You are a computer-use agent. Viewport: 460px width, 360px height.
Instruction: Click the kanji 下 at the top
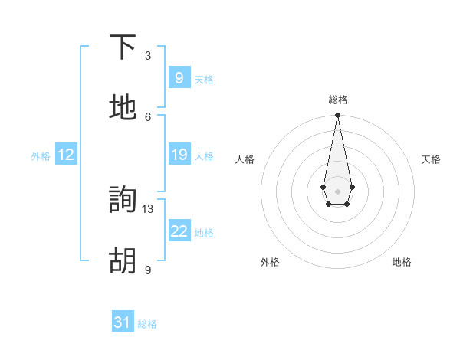pyautogui.click(x=123, y=47)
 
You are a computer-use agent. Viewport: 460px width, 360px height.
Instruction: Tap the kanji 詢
pyautogui.click(x=123, y=201)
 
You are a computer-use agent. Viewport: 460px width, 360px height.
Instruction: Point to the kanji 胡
pyautogui.click(x=123, y=261)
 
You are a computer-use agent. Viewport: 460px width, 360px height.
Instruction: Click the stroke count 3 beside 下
pyautogui.click(x=148, y=56)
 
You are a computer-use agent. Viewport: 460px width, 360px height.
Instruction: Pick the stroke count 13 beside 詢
pyautogui.click(x=148, y=208)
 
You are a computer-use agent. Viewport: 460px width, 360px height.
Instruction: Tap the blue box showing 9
pyautogui.click(x=179, y=78)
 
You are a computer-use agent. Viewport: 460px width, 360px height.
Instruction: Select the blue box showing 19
pyautogui.click(x=179, y=155)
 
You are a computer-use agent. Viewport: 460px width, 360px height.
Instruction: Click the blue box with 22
pyautogui.click(x=179, y=231)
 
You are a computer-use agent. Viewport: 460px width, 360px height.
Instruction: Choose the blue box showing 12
pyautogui.click(x=66, y=155)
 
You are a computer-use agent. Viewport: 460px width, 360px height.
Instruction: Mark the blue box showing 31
pyautogui.click(x=123, y=322)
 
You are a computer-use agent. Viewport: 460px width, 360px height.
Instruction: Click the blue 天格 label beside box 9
pyautogui.click(x=204, y=80)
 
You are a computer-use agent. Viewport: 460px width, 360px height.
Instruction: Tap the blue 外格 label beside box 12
pyautogui.click(x=41, y=156)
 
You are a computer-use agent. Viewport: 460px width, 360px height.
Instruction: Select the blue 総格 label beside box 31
pyautogui.click(x=147, y=324)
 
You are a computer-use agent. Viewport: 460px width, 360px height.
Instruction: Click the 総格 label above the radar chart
pyautogui.click(x=337, y=100)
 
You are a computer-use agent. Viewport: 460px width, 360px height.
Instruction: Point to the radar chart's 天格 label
pyautogui.click(x=431, y=159)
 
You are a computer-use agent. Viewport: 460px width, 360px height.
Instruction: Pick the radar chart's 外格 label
pyautogui.click(x=270, y=262)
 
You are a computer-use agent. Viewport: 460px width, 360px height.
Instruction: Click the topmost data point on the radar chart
pyautogui.click(x=337, y=116)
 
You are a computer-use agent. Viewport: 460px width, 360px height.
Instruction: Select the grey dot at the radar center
pyautogui.click(x=337, y=190)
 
